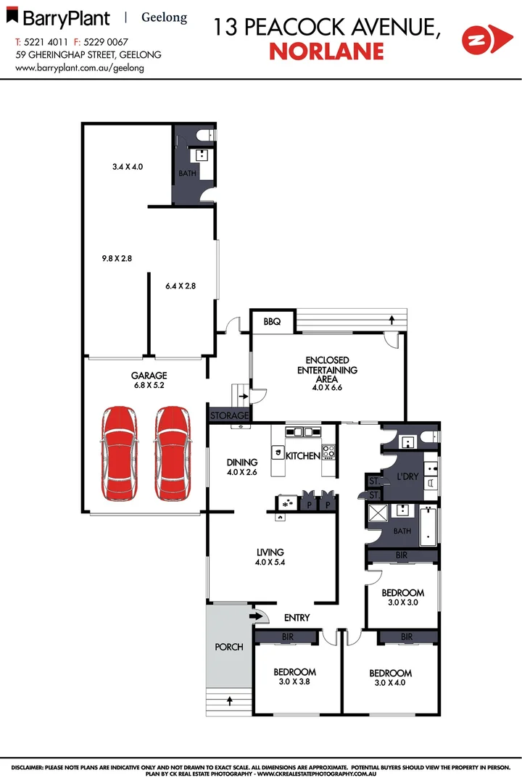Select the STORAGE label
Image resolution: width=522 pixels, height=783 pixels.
pos(229,416)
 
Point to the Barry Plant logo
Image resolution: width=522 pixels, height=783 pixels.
pos(63,18)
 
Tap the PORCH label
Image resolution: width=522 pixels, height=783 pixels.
pos(229,647)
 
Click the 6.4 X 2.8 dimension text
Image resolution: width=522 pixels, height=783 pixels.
pos(181,286)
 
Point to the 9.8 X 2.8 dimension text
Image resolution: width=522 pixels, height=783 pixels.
pos(116,257)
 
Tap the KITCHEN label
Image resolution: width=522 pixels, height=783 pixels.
pos(302,456)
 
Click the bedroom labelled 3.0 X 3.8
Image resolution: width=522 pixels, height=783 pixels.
pos(296,676)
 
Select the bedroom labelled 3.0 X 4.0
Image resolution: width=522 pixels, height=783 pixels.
pos(390,678)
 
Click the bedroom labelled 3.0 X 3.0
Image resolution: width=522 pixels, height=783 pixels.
pos(402,597)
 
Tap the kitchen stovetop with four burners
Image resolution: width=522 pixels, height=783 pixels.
pos(328,452)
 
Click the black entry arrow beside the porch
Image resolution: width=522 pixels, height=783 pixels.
pos(255,616)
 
